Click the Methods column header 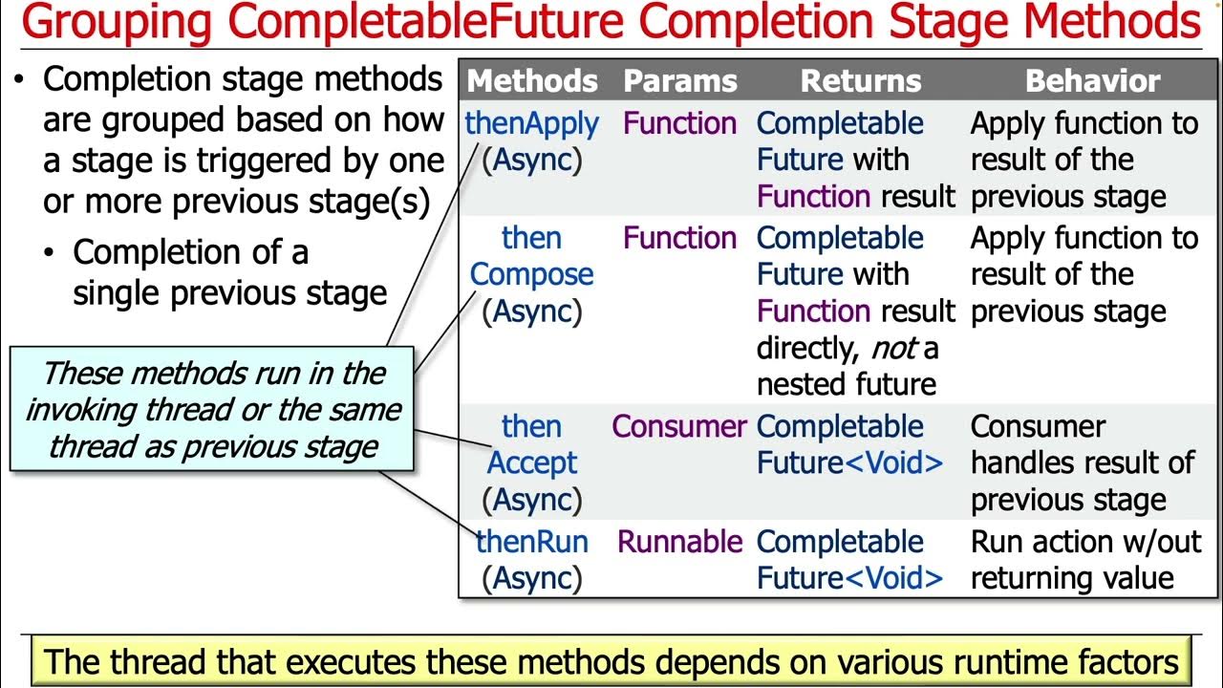(x=531, y=82)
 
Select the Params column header (x=679, y=82)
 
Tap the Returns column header (x=860, y=82)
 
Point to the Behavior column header (x=1092, y=82)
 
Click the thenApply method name (x=531, y=124)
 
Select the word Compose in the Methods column (x=531, y=275)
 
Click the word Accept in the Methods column (x=531, y=463)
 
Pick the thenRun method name (x=531, y=542)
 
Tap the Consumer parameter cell (x=679, y=427)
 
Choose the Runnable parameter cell (x=679, y=542)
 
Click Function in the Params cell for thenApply (x=679, y=124)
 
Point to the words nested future (x=846, y=385)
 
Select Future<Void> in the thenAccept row (x=849, y=463)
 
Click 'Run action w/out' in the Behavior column (x=1085, y=542)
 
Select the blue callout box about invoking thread (x=212, y=410)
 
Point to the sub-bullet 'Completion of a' (x=190, y=253)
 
